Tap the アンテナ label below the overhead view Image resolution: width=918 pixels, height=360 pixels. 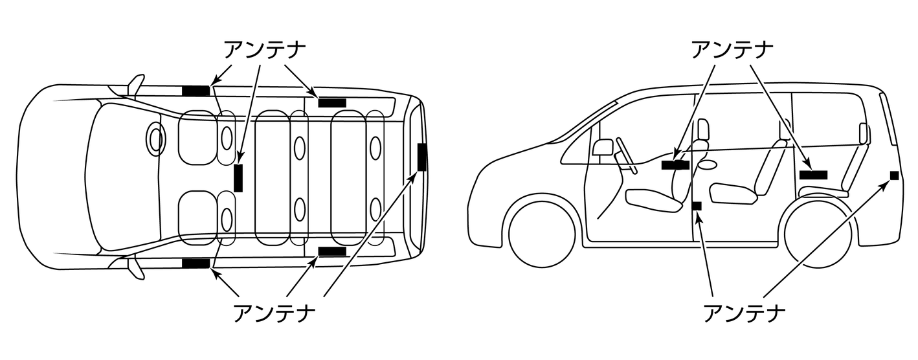pos(274,313)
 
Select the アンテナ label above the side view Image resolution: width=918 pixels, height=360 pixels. pos(733,49)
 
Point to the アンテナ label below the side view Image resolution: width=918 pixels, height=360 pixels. pos(744,313)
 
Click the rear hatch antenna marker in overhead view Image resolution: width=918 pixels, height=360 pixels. pos(422,157)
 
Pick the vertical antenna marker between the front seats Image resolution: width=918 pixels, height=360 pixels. pos(238,178)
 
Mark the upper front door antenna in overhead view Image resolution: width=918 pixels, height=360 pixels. pos(196,91)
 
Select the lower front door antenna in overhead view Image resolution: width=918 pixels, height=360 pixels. pos(196,263)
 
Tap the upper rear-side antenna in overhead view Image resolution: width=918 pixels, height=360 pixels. pos(332,102)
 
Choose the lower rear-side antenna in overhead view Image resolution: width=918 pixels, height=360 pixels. pos(332,251)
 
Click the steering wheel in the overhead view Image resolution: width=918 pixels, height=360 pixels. pos(155,139)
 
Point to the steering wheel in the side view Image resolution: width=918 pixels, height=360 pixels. pos(626,155)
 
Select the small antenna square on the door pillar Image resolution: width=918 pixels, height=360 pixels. pos(697,206)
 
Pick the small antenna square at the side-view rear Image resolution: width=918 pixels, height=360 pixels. pos(894,175)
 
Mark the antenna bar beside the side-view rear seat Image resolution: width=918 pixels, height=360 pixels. pos(813,174)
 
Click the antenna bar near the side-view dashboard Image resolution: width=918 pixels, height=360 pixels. pos(675,164)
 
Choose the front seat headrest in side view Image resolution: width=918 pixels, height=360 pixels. pos(703,129)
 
